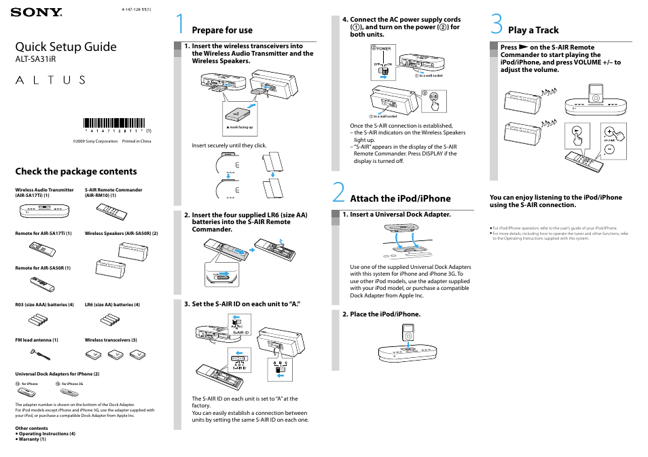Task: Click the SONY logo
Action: pyautogui.click(x=36, y=12)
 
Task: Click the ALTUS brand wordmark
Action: pyautogui.click(x=50, y=79)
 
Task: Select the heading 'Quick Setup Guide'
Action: pyautogui.click(x=66, y=46)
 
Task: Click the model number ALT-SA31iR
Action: pyautogui.click(x=35, y=60)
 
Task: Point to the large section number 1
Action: pyautogui.click(x=180, y=24)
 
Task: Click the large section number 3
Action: pyautogui.click(x=497, y=24)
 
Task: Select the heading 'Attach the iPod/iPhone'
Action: pyautogui.click(x=400, y=198)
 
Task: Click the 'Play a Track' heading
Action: pyautogui.click(x=533, y=30)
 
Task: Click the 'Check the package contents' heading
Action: pyautogui.click(x=75, y=171)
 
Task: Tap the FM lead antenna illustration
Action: pyautogui.click(x=42, y=353)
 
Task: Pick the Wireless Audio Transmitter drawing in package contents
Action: pyautogui.click(x=45, y=213)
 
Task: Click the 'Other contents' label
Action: pyautogui.click(x=31, y=428)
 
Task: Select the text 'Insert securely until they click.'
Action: pyautogui.click(x=229, y=145)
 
